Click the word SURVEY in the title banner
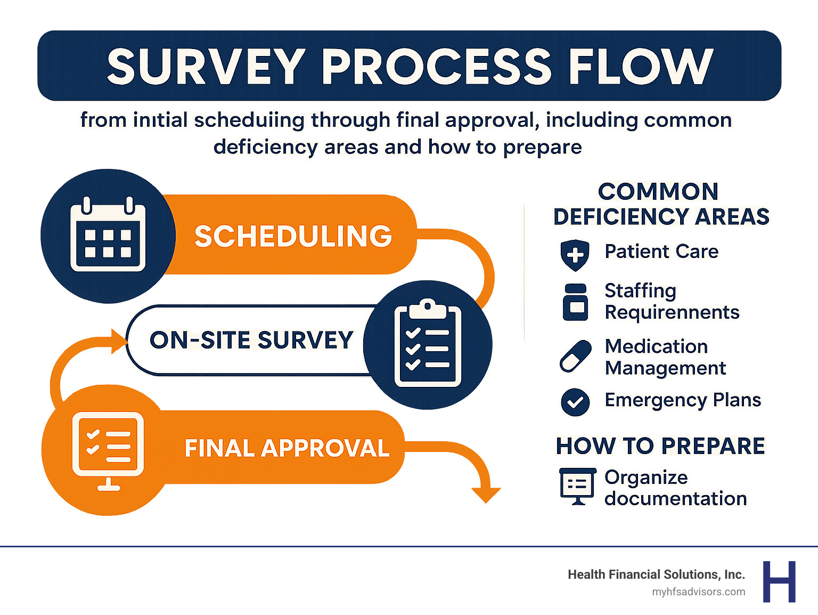(x=206, y=67)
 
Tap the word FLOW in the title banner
(x=641, y=67)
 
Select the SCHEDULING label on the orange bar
(x=293, y=236)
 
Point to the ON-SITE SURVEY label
(x=251, y=340)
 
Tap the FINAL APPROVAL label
(x=287, y=448)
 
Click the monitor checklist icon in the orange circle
(x=109, y=448)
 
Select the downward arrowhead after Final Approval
(x=486, y=495)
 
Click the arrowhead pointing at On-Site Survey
(x=118, y=341)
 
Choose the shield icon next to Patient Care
(x=575, y=255)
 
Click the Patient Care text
(x=661, y=252)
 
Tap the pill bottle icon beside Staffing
(x=575, y=302)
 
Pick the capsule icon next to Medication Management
(x=576, y=356)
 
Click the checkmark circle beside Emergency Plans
(x=575, y=402)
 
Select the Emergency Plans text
(x=683, y=400)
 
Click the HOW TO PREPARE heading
(x=660, y=446)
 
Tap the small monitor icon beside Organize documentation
(x=577, y=486)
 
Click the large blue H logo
(x=779, y=581)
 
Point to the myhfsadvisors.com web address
(x=698, y=592)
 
